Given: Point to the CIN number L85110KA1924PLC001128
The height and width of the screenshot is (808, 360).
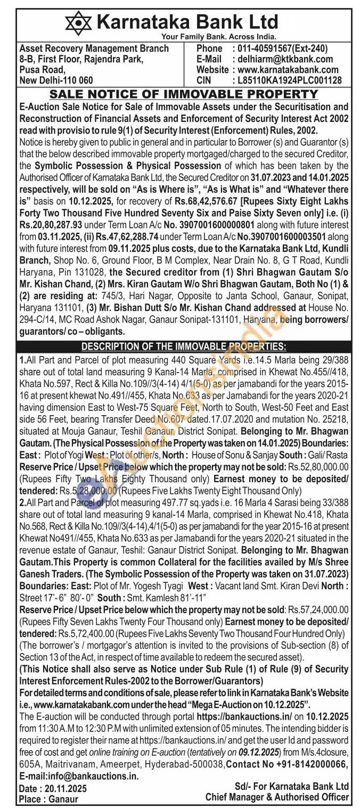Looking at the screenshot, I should coord(287,80).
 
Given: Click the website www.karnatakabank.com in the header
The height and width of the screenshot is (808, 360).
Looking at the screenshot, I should coord(288,70).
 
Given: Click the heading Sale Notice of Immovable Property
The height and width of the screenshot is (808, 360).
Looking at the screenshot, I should coord(183,94).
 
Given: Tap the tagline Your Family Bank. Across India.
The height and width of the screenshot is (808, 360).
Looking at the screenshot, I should coord(219,37).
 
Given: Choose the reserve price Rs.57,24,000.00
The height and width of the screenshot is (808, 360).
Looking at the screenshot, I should coord(318,609).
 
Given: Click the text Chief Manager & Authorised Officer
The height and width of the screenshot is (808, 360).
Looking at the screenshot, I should coord(277,797).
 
